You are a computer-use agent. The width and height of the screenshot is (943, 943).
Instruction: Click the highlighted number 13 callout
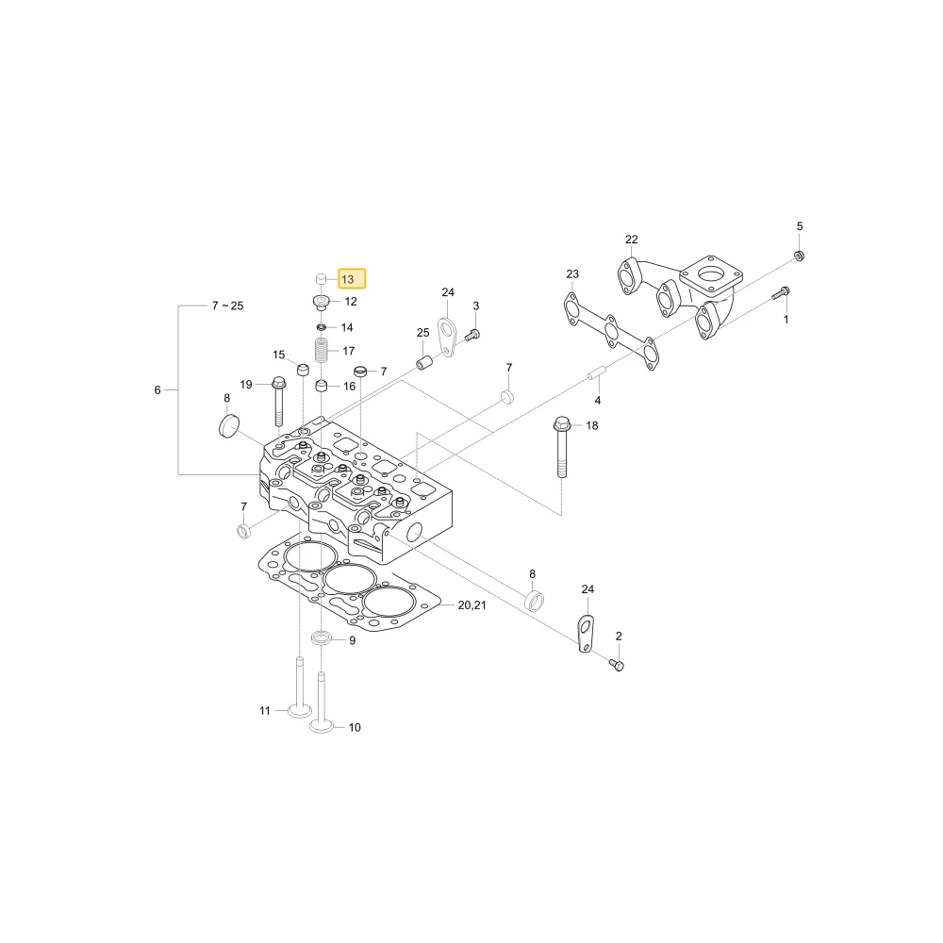(352, 279)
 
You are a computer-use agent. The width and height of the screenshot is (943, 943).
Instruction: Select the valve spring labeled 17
(322, 351)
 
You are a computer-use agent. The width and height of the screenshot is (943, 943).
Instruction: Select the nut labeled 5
(800, 256)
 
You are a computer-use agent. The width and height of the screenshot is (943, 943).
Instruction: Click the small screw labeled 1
(781, 293)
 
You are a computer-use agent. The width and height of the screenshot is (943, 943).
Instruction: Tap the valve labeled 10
(322, 702)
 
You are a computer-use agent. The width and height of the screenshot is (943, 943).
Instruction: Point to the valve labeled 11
(300, 687)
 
